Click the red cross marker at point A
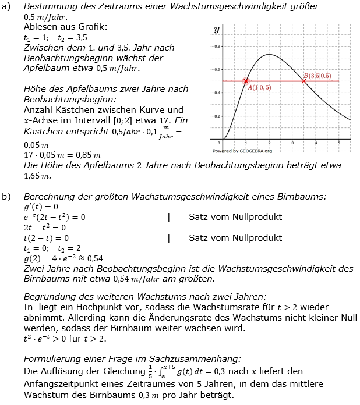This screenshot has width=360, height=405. point(246,81)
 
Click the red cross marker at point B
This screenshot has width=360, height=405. point(303,81)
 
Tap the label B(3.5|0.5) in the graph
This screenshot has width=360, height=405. point(317,76)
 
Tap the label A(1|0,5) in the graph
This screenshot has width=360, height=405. point(259,87)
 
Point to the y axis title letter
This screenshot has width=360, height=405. point(217,29)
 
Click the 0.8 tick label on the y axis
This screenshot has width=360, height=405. point(217,46)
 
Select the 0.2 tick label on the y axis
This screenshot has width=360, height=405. point(217,116)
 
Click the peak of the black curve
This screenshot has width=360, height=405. point(269,55)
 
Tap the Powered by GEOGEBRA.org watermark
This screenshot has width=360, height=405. point(242,150)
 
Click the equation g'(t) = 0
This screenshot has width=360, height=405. point(40,207)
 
